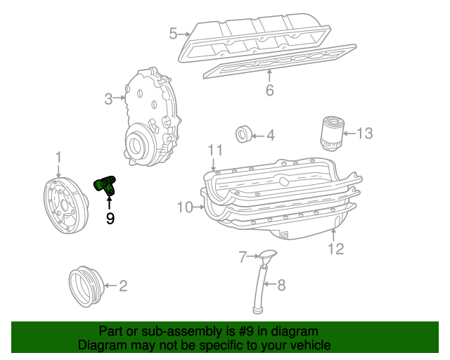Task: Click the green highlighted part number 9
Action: click(x=106, y=184)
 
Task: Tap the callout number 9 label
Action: click(x=110, y=219)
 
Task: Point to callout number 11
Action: click(x=215, y=150)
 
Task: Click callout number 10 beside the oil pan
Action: click(x=184, y=207)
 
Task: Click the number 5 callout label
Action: click(x=172, y=33)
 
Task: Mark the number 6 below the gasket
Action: click(x=269, y=90)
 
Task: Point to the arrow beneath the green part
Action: click(x=109, y=203)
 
